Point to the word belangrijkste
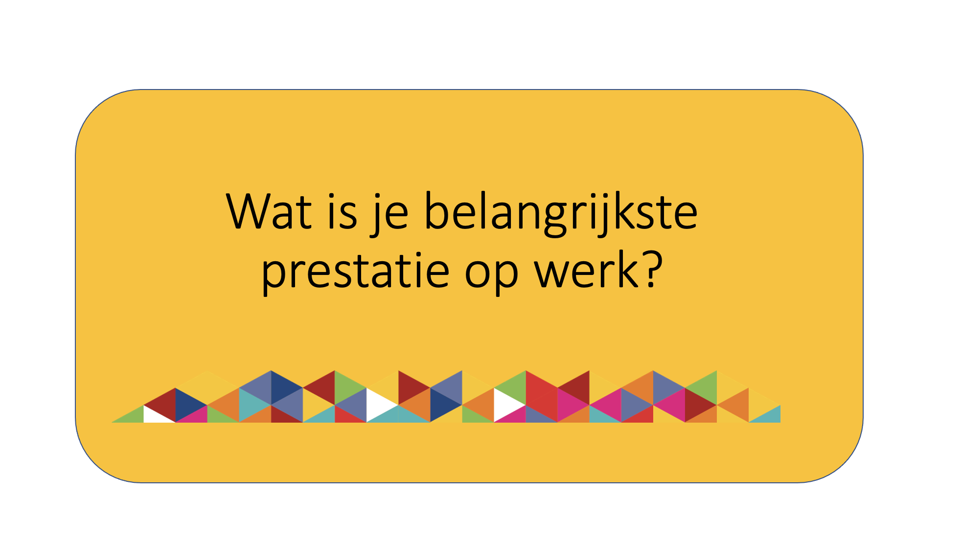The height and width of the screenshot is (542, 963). coord(561,213)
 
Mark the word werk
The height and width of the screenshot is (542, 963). coord(587,269)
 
